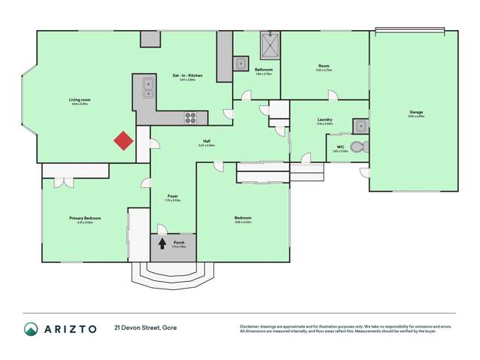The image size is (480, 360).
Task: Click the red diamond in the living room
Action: [x=123, y=141]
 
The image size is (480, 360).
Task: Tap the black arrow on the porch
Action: [x=162, y=244]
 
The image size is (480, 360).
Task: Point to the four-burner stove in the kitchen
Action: [x=191, y=117]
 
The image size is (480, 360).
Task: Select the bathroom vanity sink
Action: [x=241, y=64]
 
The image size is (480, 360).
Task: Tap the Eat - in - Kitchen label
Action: [x=188, y=75]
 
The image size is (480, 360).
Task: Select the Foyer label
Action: [x=172, y=197]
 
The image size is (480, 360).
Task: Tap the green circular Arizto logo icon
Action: [x=31, y=328]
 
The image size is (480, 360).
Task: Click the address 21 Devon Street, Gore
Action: [x=146, y=328]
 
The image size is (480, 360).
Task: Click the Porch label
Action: [x=179, y=243]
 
